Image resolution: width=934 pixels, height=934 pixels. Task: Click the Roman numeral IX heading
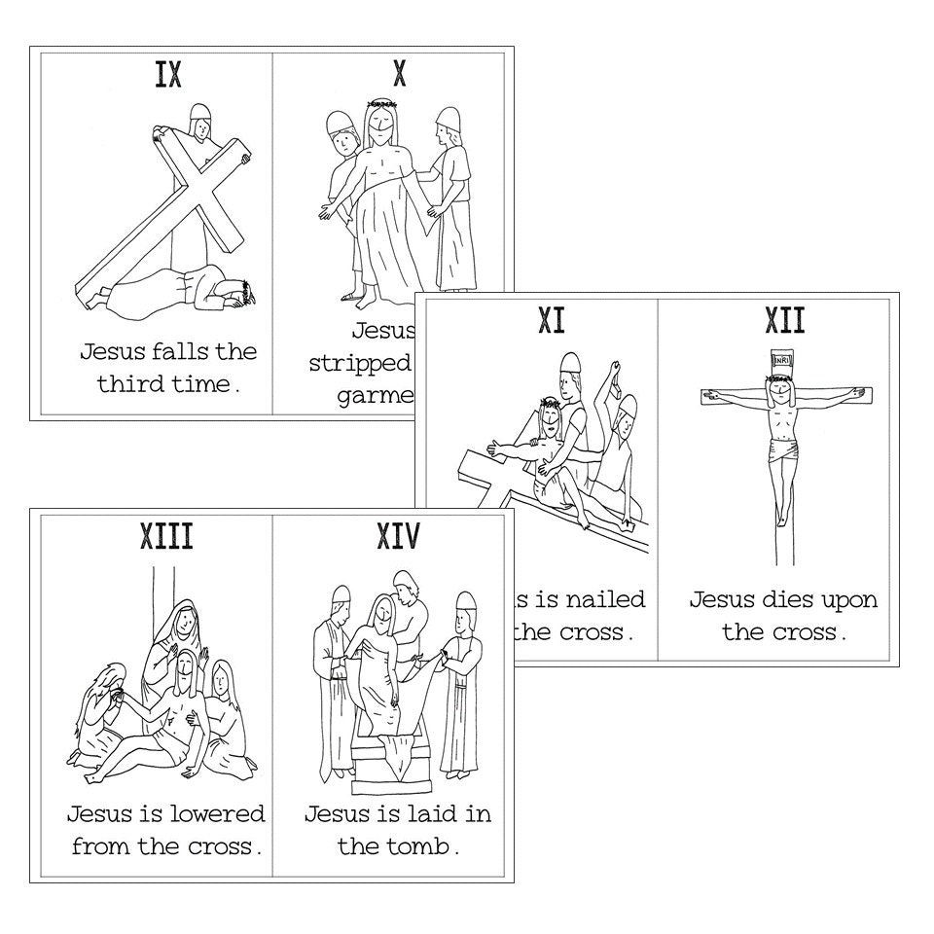pyautogui.click(x=168, y=75)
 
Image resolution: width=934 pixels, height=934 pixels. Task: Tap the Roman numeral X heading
pyautogui.click(x=399, y=75)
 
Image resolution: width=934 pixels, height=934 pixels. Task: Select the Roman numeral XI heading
pyautogui.click(x=552, y=320)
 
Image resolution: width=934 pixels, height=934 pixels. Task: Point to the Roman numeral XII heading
pyautogui.click(x=785, y=320)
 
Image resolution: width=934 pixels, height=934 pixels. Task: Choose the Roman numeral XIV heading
pyautogui.click(x=397, y=536)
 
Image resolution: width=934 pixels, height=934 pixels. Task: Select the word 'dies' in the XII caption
pyautogui.click(x=786, y=598)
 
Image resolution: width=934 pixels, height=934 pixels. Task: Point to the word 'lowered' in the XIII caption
pyautogui.click(x=216, y=812)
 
